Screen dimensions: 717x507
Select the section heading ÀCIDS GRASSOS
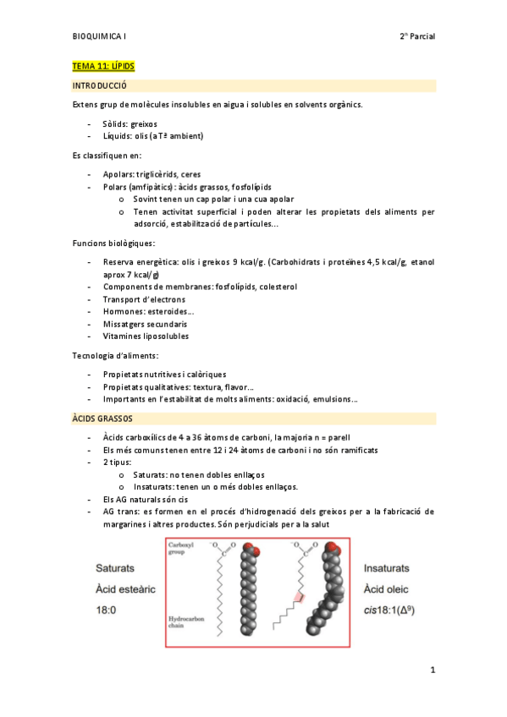click(102, 418)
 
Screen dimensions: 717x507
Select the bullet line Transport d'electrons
click(144, 299)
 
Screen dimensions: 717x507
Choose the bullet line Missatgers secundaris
click(146, 324)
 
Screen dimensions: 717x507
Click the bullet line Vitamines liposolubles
click(146, 336)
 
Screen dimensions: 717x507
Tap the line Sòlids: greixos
click(130, 123)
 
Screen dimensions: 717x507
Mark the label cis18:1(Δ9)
click(394, 609)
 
